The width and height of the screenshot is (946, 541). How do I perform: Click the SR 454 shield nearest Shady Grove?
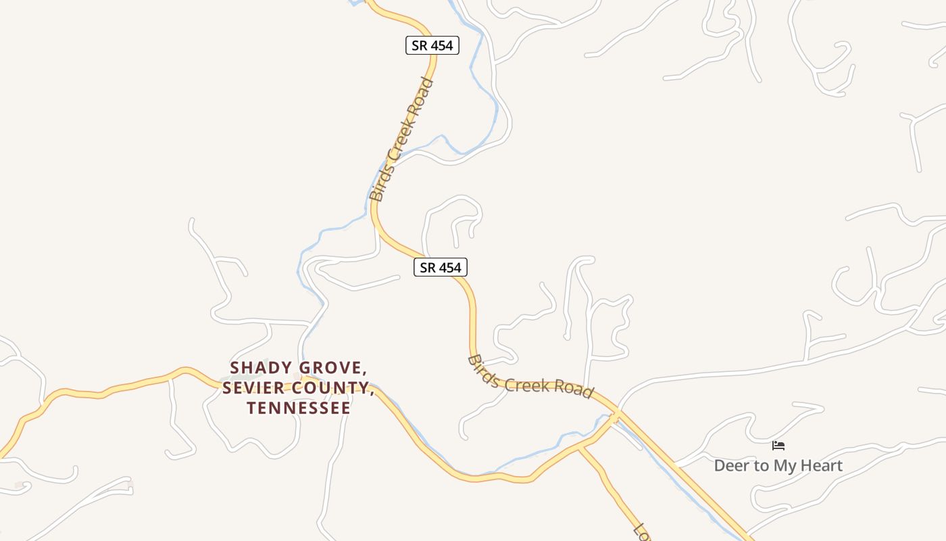click(440, 267)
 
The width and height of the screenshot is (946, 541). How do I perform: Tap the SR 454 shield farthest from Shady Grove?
click(432, 45)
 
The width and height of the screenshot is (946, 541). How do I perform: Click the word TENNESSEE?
click(299, 408)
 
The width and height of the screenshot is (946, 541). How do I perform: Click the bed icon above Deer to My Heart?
click(778, 446)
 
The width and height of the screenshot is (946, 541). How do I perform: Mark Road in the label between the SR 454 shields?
click(422, 95)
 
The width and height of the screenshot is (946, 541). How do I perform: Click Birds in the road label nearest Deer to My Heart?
click(483, 370)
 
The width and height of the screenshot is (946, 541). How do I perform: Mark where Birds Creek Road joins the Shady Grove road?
click(616, 417)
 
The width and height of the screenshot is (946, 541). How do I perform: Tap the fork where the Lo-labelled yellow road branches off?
click(579, 448)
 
